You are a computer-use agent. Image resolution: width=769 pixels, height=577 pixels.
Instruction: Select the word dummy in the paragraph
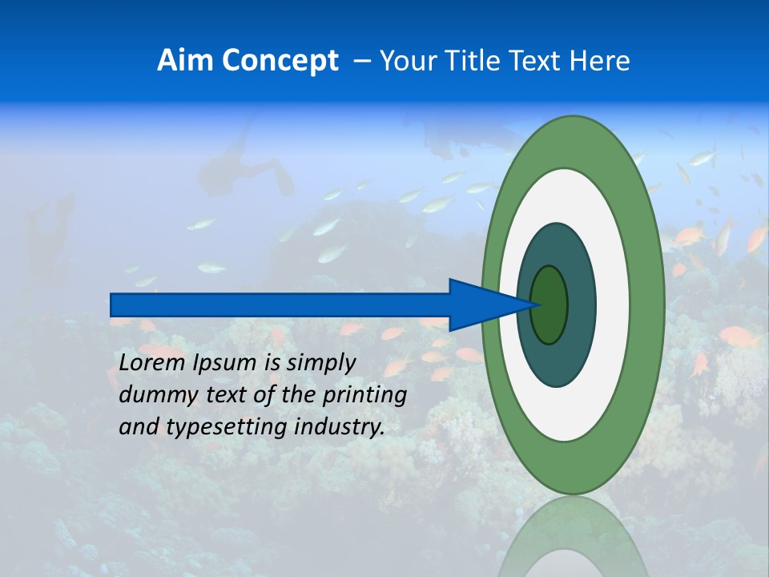(x=153, y=395)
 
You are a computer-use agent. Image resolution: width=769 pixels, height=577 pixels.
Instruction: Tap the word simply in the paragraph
(x=320, y=363)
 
